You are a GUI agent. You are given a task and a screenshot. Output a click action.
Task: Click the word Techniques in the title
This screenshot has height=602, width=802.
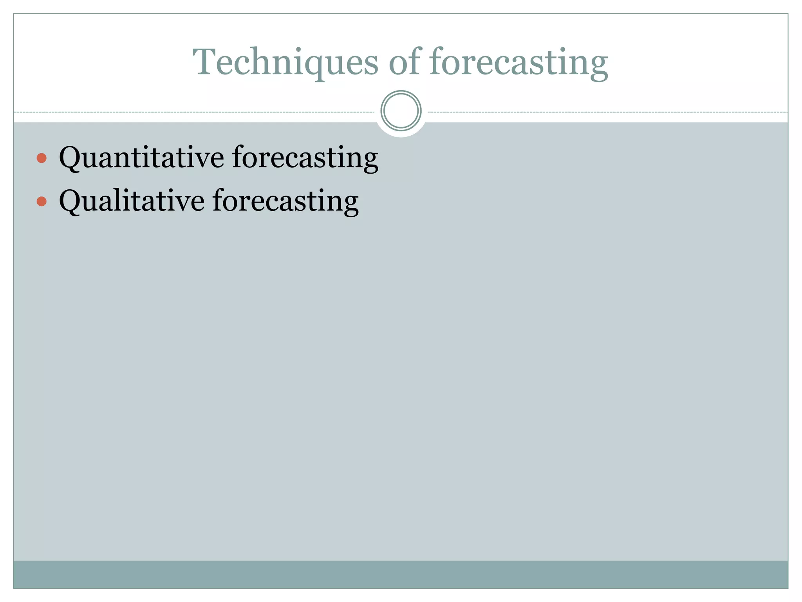(x=285, y=63)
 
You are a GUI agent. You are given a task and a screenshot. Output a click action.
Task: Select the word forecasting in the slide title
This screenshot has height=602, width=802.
(x=518, y=63)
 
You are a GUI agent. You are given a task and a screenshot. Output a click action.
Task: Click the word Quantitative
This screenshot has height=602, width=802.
(x=141, y=158)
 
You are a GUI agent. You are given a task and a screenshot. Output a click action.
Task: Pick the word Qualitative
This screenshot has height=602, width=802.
(x=132, y=201)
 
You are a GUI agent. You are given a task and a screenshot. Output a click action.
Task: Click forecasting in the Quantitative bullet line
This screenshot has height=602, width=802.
(x=305, y=158)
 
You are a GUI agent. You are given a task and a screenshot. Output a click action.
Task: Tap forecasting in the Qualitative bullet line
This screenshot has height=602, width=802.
(x=285, y=201)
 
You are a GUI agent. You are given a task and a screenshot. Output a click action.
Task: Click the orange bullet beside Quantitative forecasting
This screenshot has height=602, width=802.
(x=42, y=158)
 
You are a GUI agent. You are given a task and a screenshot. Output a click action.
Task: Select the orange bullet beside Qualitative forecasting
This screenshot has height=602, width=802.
(x=42, y=201)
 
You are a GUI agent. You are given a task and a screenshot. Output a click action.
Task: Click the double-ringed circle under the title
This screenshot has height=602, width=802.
(x=401, y=111)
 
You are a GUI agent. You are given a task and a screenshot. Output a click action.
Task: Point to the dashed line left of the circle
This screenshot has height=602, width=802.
(x=196, y=112)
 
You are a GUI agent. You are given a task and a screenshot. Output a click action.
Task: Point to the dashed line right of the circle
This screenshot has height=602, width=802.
(x=607, y=112)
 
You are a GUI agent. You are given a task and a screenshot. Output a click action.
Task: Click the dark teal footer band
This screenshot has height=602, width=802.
(x=401, y=574)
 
